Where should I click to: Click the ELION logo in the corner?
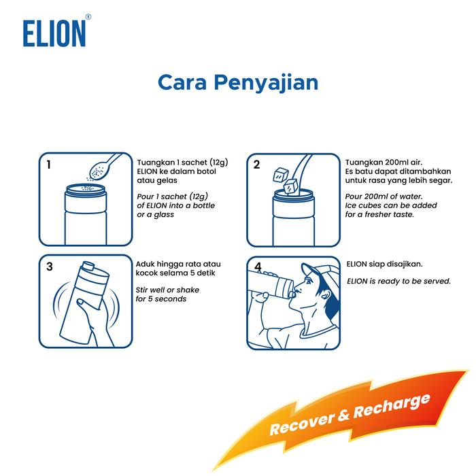point(54,33)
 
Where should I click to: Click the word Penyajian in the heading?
point(267,83)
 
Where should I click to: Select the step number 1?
point(48,165)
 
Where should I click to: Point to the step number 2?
point(256,165)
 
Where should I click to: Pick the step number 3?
point(50,267)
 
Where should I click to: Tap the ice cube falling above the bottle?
point(280,175)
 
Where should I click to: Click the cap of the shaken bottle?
point(88,266)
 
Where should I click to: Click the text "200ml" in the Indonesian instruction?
point(394,163)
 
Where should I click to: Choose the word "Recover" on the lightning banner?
point(303,422)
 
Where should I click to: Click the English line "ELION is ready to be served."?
point(398,281)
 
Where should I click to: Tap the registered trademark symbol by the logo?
point(88,17)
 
